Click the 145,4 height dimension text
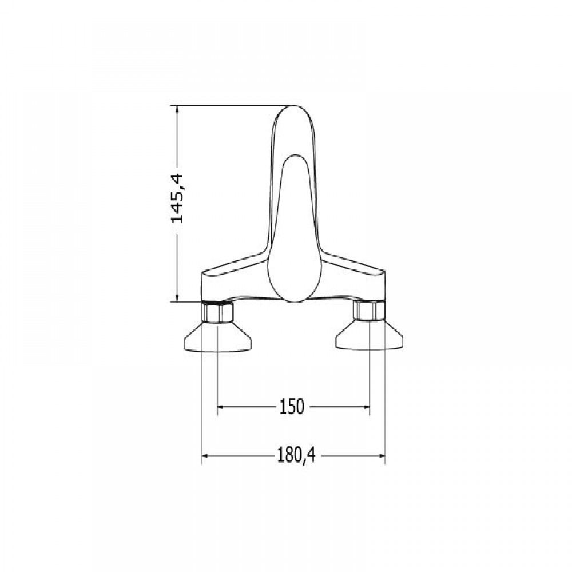(178, 198)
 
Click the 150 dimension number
(292, 406)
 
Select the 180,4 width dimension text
(296, 455)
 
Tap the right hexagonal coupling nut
(370, 311)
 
